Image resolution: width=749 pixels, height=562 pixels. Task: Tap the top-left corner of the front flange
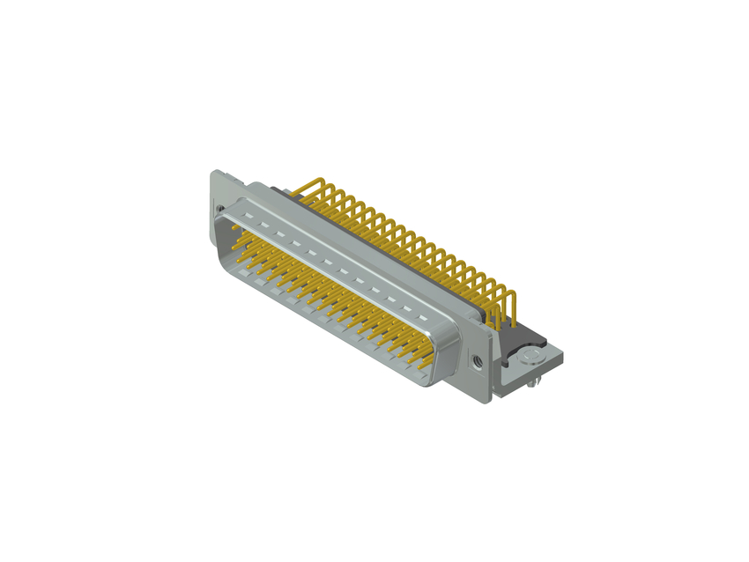[212, 173]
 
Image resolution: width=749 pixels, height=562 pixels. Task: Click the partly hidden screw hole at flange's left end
[219, 209]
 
